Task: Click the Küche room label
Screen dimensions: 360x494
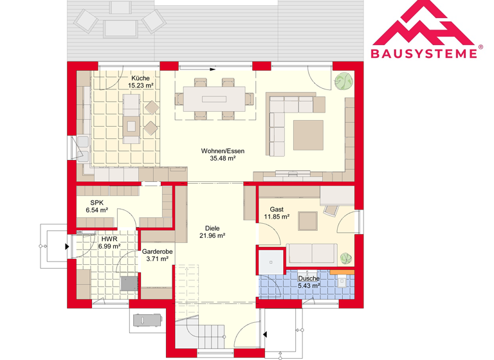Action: point(140,78)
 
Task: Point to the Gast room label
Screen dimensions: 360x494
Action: point(277,210)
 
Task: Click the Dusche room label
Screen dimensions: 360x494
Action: point(308,278)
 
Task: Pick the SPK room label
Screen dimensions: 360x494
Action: point(96,203)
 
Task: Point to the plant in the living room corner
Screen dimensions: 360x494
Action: point(343,81)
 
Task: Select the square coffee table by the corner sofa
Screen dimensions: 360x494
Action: point(309,134)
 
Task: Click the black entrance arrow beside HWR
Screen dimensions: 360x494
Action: point(68,246)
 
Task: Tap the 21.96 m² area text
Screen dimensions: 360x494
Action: point(212,236)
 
